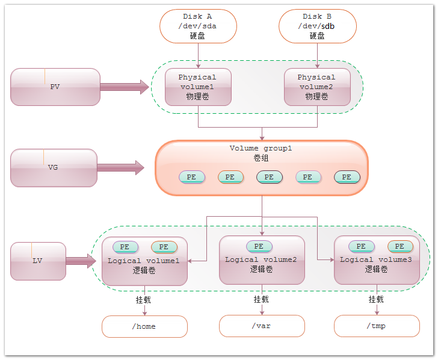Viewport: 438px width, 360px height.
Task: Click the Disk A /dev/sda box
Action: [x=198, y=26]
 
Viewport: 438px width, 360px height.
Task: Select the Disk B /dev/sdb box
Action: [x=317, y=26]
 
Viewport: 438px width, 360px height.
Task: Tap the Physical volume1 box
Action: [x=198, y=87]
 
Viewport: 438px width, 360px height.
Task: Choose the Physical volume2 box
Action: [x=317, y=87]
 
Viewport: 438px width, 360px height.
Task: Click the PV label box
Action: [x=55, y=87]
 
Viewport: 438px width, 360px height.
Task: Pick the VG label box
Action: [x=53, y=167]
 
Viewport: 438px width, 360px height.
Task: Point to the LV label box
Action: [x=38, y=261]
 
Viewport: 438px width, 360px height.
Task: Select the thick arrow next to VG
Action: [x=121, y=168]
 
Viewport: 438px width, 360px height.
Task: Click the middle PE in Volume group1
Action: [x=269, y=177]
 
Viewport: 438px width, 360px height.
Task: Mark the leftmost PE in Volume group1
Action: [x=192, y=177]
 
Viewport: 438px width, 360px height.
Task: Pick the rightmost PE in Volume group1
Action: [x=347, y=177]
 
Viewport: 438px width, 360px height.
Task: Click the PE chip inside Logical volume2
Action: [x=259, y=246]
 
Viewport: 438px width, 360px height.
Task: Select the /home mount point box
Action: [x=144, y=326]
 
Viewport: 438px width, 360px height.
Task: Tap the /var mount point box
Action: [x=262, y=326]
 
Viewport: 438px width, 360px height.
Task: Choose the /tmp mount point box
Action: [x=377, y=326]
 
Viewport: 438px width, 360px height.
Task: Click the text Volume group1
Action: [x=261, y=148]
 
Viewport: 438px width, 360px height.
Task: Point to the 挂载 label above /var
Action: [x=262, y=299]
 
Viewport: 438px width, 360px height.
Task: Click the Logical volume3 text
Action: [x=376, y=259]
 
